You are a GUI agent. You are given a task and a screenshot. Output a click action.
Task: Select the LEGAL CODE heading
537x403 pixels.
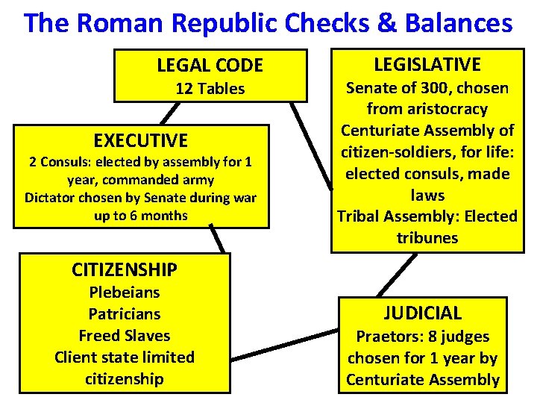(210, 66)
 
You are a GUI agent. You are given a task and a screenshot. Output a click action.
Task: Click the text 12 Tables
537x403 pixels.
(210, 89)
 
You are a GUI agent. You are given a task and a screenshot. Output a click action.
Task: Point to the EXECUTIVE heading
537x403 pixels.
(140, 140)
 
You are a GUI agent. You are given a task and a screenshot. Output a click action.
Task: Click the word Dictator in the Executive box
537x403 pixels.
(49, 198)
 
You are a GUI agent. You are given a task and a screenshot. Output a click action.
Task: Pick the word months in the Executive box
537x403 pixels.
(166, 215)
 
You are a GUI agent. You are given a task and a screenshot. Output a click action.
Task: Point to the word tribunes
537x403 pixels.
(427, 238)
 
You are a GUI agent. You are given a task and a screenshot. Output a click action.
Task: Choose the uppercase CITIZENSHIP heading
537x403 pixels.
(124, 269)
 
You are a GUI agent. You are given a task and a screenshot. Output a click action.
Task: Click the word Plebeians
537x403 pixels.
(124, 292)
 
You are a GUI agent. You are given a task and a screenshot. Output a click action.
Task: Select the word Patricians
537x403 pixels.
(124, 313)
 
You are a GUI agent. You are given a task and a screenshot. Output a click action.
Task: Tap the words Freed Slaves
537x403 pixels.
(124, 336)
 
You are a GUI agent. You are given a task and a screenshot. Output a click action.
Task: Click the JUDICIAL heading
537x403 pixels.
(422, 313)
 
